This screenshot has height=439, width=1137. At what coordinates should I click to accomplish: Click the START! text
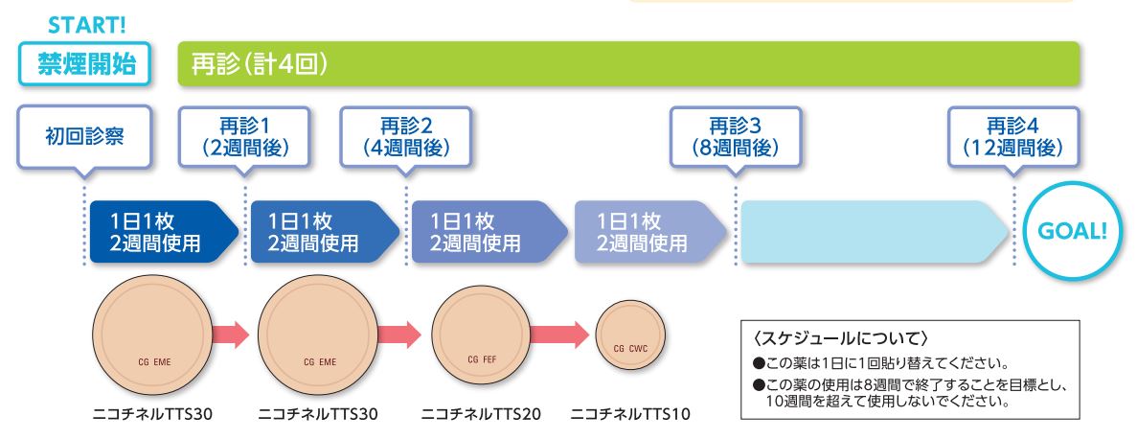pyautogui.click(x=86, y=24)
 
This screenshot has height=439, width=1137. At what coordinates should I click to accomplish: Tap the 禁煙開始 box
pyautogui.click(x=85, y=64)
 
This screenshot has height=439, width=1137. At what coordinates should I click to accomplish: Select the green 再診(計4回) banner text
pyautogui.click(x=259, y=64)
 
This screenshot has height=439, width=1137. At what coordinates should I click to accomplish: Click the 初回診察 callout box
pyautogui.click(x=84, y=138)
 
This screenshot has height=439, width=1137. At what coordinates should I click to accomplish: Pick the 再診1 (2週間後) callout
pyautogui.click(x=244, y=138)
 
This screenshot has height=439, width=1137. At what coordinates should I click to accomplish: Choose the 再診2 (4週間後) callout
pyautogui.click(x=405, y=138)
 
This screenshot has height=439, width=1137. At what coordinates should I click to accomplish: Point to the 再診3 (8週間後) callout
pyautogui.click(x=736, y=138)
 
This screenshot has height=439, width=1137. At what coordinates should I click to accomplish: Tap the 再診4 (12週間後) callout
pyautogui.click(x=1013, y=138)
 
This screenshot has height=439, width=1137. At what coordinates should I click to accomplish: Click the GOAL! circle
pyautogui.click(x=1073, y=231)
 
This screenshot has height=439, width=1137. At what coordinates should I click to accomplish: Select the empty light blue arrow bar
pyautogui.click(x=875, y=231)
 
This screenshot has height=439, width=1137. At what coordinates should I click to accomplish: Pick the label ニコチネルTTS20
pyautogui.click(x=481, y=414)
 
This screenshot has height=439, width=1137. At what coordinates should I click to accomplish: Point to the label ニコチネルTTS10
pyautogui.click(x=630, y=414)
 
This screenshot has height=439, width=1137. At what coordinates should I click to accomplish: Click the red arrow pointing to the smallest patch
pyautogui.click(x=559, y=335)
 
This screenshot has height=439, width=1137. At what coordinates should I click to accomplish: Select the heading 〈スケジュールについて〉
pyautogui.click(x=841, y=339)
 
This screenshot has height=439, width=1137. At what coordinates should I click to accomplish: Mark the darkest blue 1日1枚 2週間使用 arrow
pyautogui.click(x=164, y=231)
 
